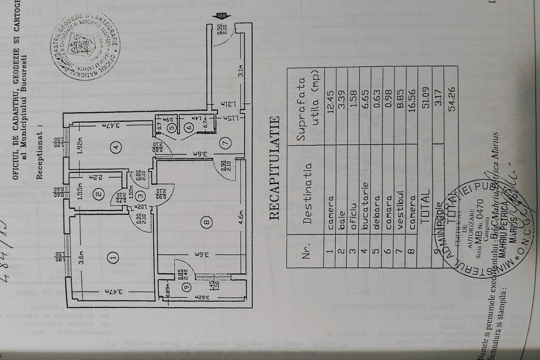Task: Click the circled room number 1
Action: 113,257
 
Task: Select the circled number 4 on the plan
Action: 116,147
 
